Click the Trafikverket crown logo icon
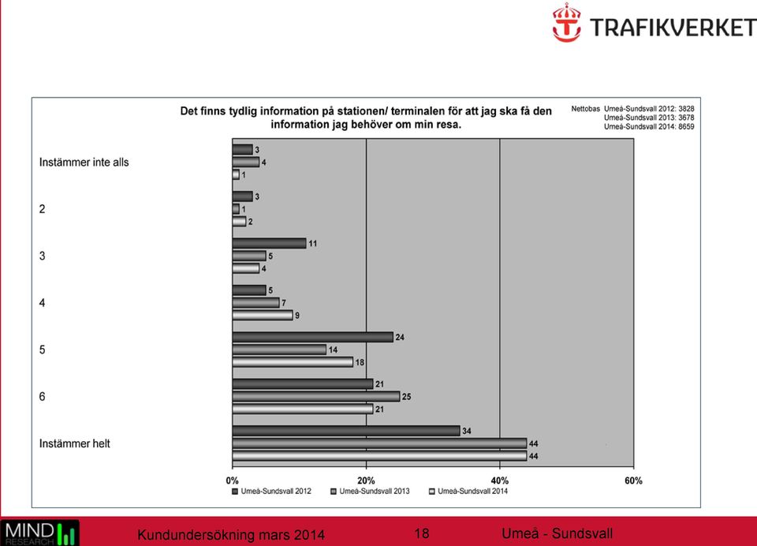point(566,22)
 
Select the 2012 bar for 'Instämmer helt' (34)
point(346,431)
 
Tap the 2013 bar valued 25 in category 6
point(316,397)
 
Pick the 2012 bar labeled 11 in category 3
point(270,243)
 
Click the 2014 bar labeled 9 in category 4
point(263,315)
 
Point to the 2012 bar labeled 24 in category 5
point(313,337)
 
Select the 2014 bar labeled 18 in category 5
point(293,362)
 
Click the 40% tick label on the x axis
point(500,481)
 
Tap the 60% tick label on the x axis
point(633,481)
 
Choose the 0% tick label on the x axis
point(232,481)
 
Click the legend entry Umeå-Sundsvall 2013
point(370,492)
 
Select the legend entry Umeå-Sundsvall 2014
point(468,492)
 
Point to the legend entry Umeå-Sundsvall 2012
point(271,492)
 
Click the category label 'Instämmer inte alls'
point(84,163)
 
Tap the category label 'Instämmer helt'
point(74,443)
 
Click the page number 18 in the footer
point(421,533)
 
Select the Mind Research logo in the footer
point(39,533)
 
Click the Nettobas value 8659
point(686,126)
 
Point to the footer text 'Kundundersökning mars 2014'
point(231,535)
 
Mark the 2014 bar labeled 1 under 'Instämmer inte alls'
point(236,174)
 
